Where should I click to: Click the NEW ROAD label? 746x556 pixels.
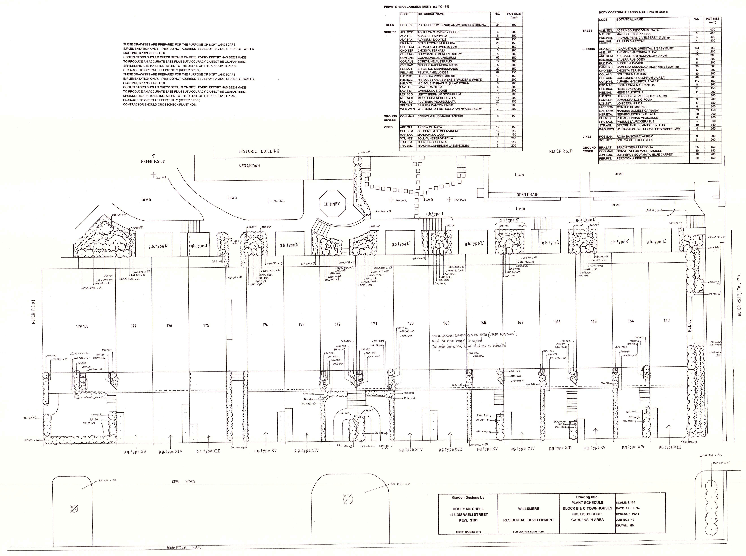pos(183,482)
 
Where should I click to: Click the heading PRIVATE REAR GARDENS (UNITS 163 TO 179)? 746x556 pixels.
pos(416,7)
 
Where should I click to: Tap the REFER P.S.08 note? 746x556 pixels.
pos(153,161)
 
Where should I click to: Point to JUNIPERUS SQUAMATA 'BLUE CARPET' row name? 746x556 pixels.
pos(645,154)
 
